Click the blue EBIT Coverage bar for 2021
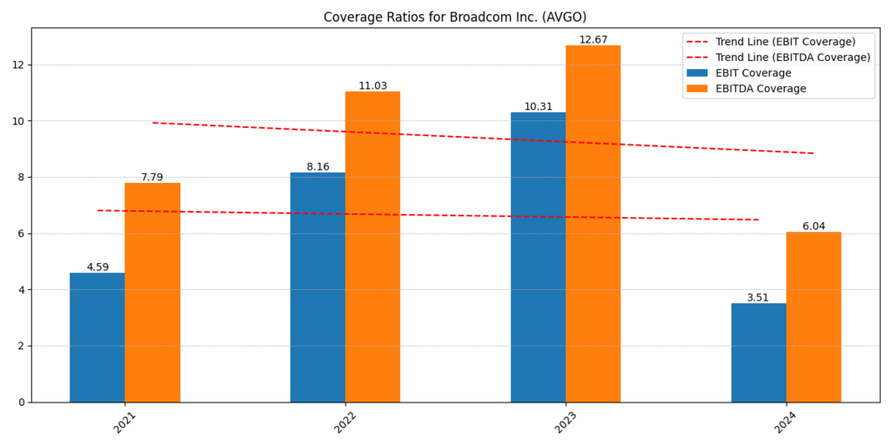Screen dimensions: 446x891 (x=97, y=337)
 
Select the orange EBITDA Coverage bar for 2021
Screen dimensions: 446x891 (x=152, y=292)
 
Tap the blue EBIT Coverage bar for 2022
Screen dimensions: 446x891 (x=318, y=287)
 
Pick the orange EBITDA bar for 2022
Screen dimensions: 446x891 (x=372, y=247)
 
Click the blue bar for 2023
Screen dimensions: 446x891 (x=538, y=257)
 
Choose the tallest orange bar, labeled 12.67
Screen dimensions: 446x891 (x=593, y=224)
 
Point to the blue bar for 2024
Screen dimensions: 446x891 (x=758, y=353)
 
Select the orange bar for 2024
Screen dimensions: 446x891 (x=814, y=317)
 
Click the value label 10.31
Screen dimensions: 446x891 (x=538, y=107)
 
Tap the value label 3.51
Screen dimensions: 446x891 (x=758, y=298)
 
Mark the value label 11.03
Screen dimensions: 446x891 (x=372, y=86)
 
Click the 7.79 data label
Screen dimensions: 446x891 (x=152, y=178)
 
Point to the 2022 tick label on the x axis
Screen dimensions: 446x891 (x=345, y=422)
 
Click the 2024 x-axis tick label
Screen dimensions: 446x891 (x=786, y=422)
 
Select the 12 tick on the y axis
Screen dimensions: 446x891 (x=17, y=65)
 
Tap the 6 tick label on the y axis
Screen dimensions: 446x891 (x=21, y=233)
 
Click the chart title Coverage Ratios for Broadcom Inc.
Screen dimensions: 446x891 (x=455, y=17)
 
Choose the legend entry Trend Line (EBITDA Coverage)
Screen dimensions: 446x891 (x=792, y=57)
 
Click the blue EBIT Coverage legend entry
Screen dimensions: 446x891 (x=753, y=73)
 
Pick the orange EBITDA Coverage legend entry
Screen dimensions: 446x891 (x=760, y=89)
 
